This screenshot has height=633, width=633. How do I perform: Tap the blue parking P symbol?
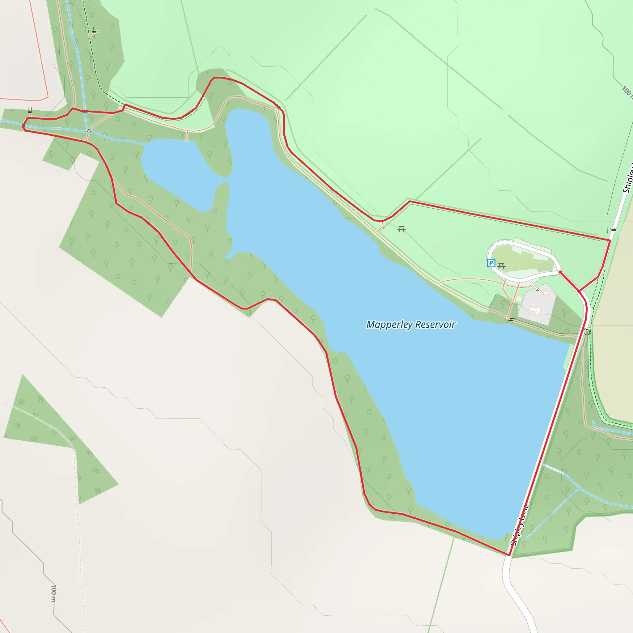click(491, 263)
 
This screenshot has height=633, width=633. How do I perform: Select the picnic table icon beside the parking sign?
click(501, 266)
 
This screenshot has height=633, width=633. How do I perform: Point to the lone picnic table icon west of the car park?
click(401, 230)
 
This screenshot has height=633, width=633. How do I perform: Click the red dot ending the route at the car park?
click(560, 272)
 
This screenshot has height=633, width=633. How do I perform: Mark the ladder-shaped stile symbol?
click(30, 111)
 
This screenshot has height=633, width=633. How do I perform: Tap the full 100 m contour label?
click(53, 593)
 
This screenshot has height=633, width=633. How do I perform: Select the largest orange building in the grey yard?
click(535, 310)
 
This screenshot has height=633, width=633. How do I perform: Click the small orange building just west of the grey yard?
click(519, 299)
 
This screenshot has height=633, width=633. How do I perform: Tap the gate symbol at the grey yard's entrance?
click(537, 290)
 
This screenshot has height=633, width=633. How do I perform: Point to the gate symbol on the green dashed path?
click(94, 32)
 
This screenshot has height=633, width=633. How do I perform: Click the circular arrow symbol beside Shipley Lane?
click(587, 332)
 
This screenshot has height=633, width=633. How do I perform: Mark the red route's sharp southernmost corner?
click(509, 555)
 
